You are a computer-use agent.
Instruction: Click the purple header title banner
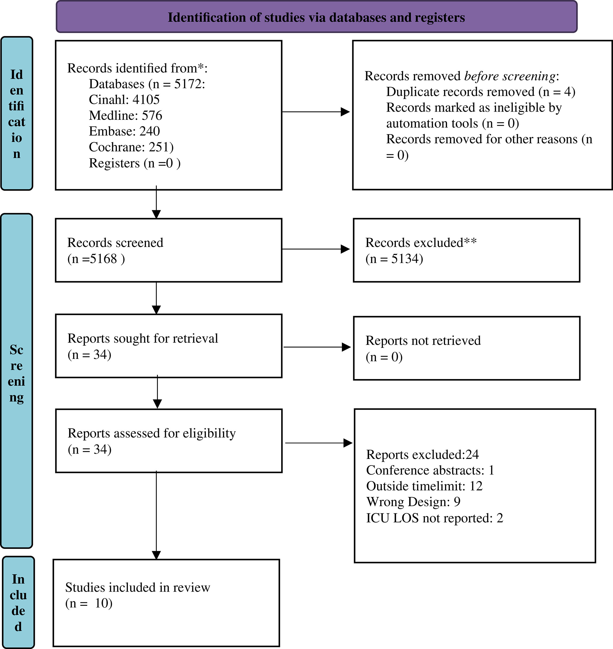316,17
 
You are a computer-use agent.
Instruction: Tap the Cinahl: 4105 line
124,100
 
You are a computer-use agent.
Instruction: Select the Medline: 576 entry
126,115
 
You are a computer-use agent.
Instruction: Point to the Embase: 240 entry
124,131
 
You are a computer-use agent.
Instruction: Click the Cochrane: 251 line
131,147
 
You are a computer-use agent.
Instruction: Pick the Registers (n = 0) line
135,163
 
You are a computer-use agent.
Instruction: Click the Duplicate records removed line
481,92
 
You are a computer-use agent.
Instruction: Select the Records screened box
169,250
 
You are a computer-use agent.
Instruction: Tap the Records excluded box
467,250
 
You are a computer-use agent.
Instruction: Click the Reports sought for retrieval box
169,346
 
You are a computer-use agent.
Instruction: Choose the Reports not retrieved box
467,348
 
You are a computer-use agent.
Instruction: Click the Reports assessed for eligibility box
169,441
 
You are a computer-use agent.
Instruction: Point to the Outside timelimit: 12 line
424,486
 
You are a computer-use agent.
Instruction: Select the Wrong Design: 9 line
413,502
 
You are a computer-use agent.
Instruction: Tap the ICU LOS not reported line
435,518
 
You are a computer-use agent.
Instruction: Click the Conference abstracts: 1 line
430,470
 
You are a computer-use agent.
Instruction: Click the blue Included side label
18,603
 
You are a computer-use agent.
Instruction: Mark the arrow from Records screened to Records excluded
316,249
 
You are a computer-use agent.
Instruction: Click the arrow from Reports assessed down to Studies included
156,515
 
